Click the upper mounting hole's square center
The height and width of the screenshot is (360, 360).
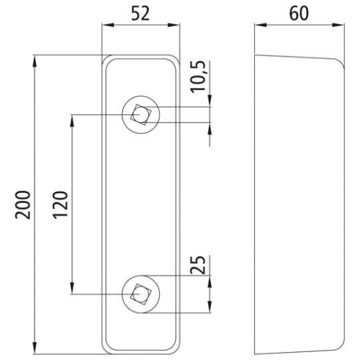click(x=140, y=114)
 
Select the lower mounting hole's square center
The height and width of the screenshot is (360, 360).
click(x=140, y=293)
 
